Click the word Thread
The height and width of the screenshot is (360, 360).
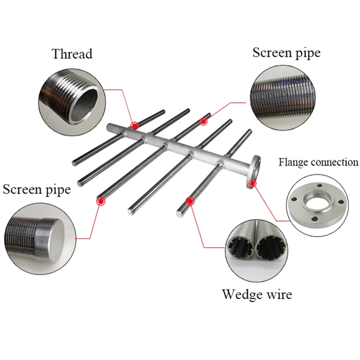72,54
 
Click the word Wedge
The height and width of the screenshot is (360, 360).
243,295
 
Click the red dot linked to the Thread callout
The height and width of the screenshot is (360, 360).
134,125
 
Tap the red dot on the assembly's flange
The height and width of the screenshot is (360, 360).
253,183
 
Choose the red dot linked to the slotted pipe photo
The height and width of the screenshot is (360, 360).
204,121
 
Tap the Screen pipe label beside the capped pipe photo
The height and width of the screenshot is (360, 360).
37,189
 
